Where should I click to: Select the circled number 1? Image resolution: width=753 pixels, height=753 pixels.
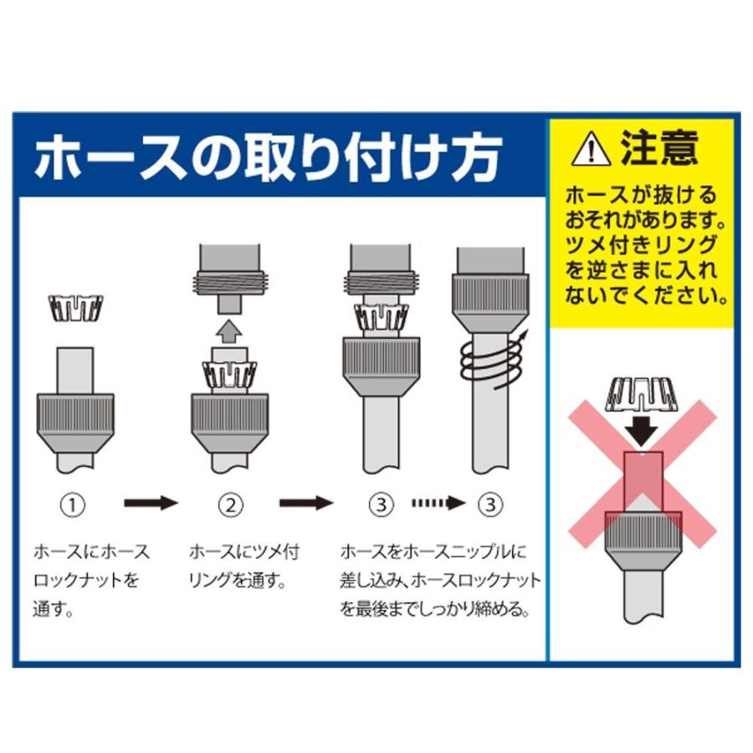(x=75, y=505)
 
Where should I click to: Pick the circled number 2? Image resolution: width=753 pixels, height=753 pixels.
(x=230, y=505)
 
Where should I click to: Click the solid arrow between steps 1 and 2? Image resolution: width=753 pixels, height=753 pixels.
(x=151, y=504)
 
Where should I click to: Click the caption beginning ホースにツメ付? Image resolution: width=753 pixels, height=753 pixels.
(x=243, y=566)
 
